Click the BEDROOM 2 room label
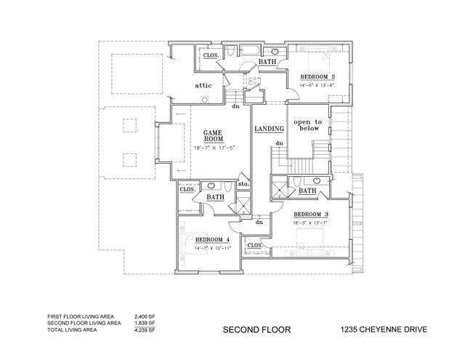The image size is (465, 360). pyautogui.click(x=318, y=77)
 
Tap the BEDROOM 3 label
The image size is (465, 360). pyautogui.click(x=311, y=214)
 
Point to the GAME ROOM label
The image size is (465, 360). pyautogui.click(x=213, y=135)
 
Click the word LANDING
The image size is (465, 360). pyautogui.click(x=268, y=129)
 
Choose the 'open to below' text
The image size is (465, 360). pyautogui.click(x=307, y=127)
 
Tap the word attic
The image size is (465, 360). pyautogui.click(x=203, y=86)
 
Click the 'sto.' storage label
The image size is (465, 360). pyautogui.click(x=243, y=185)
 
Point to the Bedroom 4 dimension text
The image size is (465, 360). pyautogui.click(x=211, y=249)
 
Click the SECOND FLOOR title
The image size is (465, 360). pyautogui.click(x=256, y=329)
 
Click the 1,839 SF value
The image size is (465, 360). pyautogui.click(x=145, y=324)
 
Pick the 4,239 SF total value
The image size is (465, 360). pyautogui.click(x=145, y=329)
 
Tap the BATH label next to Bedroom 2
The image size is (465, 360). pyautogui.click(x=266, y=63)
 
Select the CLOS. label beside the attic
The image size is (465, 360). pyautogui.click(x=211, y=55)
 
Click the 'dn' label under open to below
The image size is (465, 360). pyautogui.click(x=278, y=143)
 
